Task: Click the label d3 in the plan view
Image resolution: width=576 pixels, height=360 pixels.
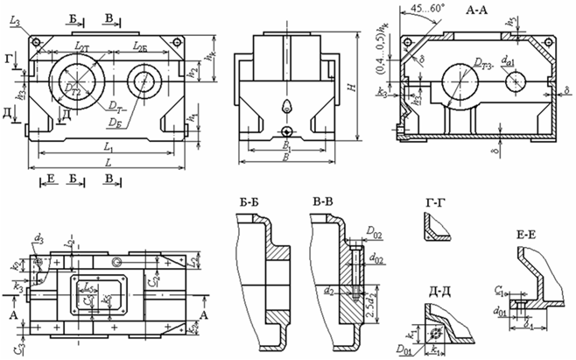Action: pos(39,236)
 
